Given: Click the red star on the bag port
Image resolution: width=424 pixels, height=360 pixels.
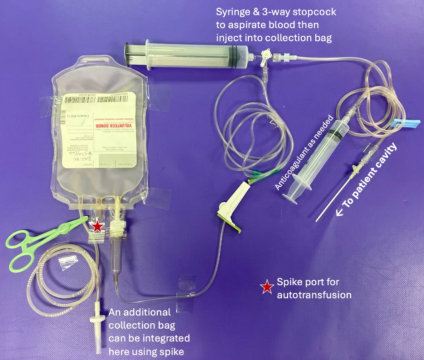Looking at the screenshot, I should [x=96, y=226].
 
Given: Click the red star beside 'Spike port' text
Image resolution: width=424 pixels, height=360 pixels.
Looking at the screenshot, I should [x=268, y=286].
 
